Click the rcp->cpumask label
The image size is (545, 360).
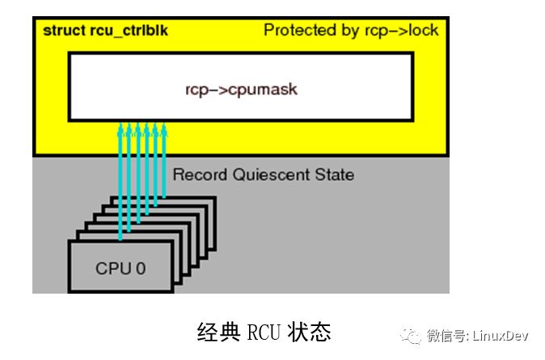tap(242, 89)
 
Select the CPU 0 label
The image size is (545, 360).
tap(120, 268)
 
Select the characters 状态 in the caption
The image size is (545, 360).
tap(312, 332)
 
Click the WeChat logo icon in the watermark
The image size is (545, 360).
tap(412, 334)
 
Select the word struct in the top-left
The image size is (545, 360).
tap(61, 31)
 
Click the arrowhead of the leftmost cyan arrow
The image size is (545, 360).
tap(120, 127)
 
